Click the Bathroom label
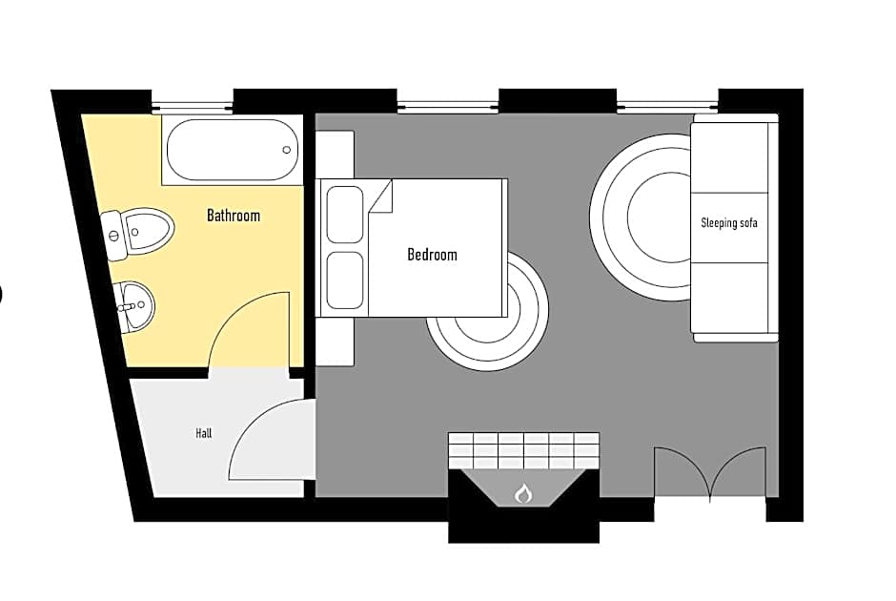[234, 216]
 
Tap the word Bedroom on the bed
[432, 255]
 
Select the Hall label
[203, 433]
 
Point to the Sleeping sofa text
[729, 222]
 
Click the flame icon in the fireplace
[522, 493]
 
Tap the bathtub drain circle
[287, 150]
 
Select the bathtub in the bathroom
[232, 150]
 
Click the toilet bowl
[148, 231]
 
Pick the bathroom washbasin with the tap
[136, 305]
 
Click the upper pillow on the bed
[344, 215]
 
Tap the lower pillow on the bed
[344, 280]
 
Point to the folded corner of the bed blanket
[381, 197]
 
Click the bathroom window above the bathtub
[193, 106]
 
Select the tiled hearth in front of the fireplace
[523, 450]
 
